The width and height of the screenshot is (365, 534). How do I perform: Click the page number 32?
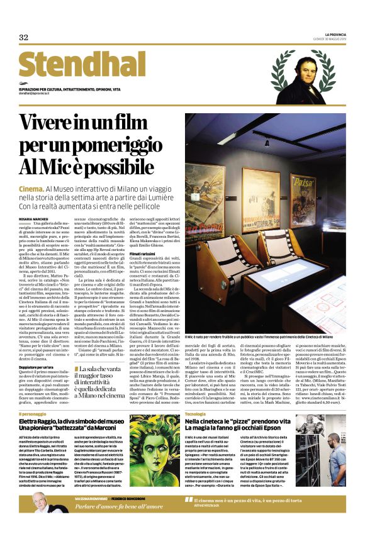coord(24,37)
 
